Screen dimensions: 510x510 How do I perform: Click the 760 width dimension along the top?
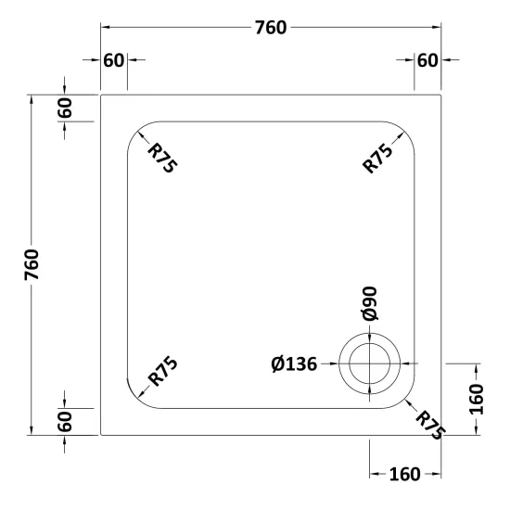pos(271,28)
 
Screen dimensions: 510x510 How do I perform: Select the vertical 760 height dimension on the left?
pos(32,264)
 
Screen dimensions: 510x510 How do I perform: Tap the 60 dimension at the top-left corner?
pos(113,60)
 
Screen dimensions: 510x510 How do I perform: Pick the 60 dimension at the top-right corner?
pos(427,60)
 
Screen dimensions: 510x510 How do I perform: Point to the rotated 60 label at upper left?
pos(65,108)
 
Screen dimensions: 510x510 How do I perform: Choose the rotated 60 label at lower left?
pos(65,422)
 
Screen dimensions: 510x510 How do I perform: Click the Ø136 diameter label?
pos(294,364)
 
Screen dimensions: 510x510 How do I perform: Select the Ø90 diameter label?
pos(369,303)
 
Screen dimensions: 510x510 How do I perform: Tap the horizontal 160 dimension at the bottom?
pos(404,474)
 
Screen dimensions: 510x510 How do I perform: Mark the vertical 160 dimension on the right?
pos(477,399)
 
